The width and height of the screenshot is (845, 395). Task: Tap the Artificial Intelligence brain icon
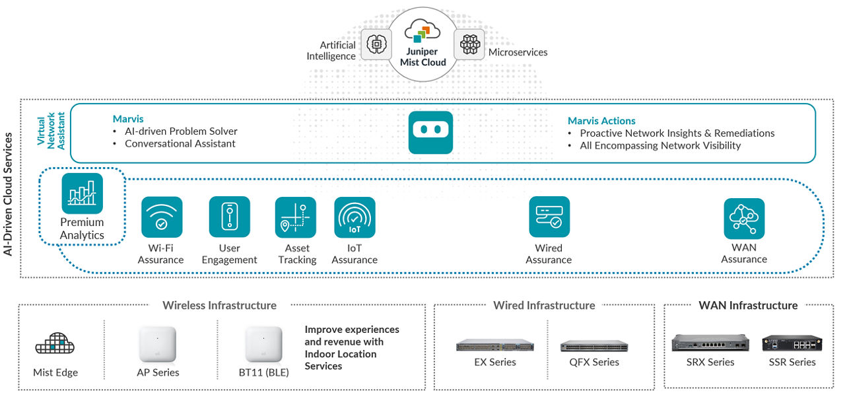click(x=376, y=44)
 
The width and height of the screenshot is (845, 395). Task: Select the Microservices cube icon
click(x=469, y=44)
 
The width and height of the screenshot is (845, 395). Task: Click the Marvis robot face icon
click(x=430, y=132)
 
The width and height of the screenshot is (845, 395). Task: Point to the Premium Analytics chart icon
click(x=83, y=194)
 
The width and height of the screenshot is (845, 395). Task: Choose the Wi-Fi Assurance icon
click(x=161, y=217)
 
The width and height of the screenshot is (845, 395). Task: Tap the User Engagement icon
click(x=229, y=217)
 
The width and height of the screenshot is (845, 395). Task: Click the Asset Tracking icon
click(x=296, y=217)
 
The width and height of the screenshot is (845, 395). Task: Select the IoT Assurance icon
click(x=355, y=217)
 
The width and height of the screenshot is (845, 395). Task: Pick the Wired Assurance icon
click(x=549, y=217)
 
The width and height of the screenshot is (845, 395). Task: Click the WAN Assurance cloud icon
click(x=744, y=219)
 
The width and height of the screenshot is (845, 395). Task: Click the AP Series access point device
click(x=157, y=344)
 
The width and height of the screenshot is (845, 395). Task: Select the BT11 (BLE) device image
click(x=263, y=344)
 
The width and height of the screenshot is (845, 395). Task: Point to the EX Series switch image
click(x=494, y=345)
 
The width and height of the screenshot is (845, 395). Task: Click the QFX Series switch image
click(x=594, y=345)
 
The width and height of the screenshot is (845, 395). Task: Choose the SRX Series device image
click(x=710, y=343)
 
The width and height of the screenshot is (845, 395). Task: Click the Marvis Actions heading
click(x=601, y=121)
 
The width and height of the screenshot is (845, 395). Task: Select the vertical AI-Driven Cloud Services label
click(x=9, y=194)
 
